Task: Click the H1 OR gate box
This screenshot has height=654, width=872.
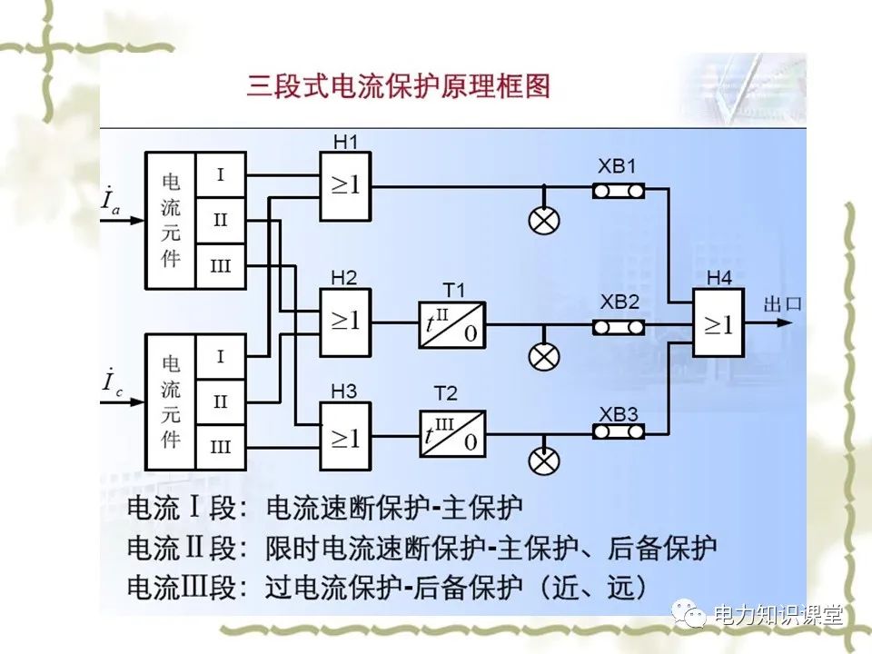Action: pos(345,186)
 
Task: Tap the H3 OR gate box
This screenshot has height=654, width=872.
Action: pos(345,437)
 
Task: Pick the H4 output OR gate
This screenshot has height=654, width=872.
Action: pos(718,324)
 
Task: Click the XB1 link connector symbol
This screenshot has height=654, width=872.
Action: pos(619,190)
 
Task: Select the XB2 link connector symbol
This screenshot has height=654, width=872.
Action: pos(619,326)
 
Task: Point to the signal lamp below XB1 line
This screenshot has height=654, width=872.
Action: pos(545,221)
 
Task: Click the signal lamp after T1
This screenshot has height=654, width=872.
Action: pos(545,357)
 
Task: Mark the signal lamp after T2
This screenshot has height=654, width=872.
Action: pos(545,461)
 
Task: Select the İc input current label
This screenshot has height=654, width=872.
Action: pos(111,381)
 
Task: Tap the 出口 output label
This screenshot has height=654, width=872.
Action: pos(783,304)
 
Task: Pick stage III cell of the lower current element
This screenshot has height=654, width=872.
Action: pos(221,447)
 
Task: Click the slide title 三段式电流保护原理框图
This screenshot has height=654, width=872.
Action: pos(399,87)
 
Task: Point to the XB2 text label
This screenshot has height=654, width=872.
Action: pos(618,302)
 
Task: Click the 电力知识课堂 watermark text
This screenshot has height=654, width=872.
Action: pos(778,615)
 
